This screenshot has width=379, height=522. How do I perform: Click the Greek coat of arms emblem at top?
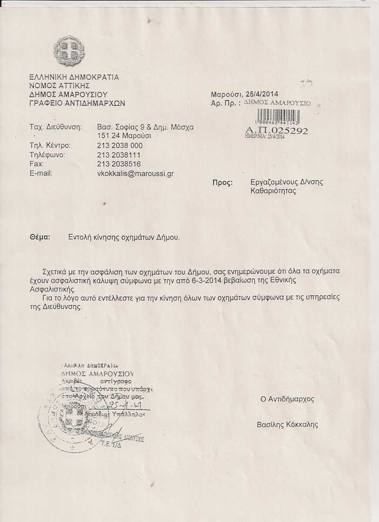click(69, 51)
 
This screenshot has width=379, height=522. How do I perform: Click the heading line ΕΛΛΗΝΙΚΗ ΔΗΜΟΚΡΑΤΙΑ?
click(74, 77)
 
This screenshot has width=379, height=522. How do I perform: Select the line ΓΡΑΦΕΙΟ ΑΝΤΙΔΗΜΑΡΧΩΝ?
click(77, 103)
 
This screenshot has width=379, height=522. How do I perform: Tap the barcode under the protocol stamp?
click(277, 117)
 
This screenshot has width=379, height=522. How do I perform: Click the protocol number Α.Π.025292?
click(276, 130)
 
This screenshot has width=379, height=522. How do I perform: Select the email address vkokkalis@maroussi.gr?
click(135, 174)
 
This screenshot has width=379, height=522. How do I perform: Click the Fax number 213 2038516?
click(119, 164)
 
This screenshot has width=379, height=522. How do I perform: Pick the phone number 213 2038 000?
click(120, 146)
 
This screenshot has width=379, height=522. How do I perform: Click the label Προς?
click(223, 183)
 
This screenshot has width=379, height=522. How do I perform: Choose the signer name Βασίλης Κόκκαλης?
click(288, 425)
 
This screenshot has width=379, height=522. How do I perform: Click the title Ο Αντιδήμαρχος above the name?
click(287, 399)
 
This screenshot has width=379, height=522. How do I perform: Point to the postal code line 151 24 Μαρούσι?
click(124, 135)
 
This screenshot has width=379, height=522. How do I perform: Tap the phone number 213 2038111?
click(119, 155)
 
